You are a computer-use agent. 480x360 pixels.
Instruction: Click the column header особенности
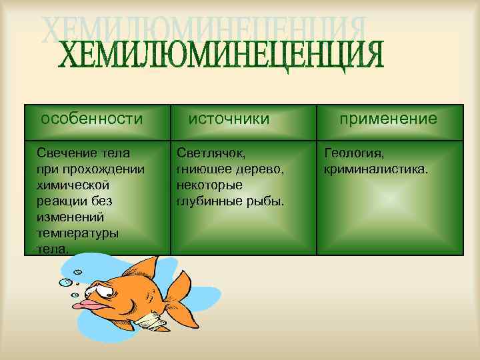tap(92, 119)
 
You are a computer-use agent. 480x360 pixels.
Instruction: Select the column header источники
tap(229, 119)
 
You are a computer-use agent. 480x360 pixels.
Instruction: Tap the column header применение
tap(388, 119)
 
